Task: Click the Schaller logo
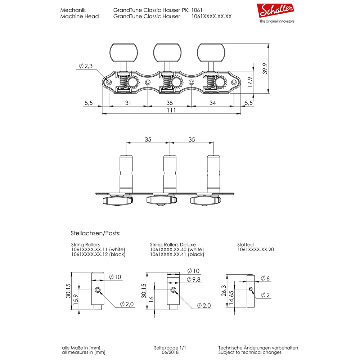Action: click(276, 10)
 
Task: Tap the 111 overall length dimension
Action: click(171, 111)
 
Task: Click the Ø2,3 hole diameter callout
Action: click(86, 66)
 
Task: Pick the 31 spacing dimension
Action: click(128, 103)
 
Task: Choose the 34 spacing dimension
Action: click(212, 103)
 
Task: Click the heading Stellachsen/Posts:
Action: click(96, 233)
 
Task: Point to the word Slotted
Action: click(246, 244)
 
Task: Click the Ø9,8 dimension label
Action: click(193, 279)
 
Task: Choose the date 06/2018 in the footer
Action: click(170, 352)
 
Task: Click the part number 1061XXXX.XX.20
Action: click(256, 249)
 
